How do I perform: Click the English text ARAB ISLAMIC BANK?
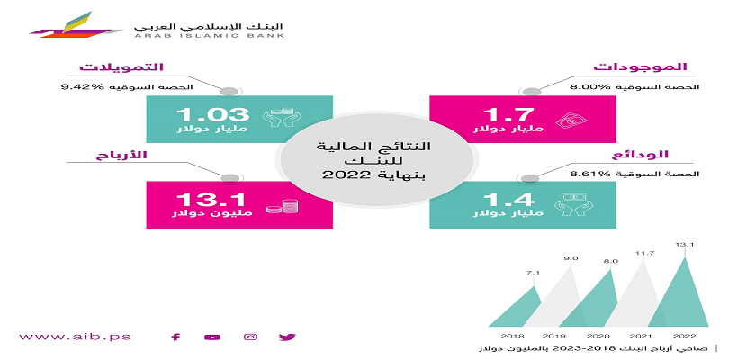pos(209,35)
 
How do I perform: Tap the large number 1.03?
pos(212,114)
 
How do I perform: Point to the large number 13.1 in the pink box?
pos(211,200)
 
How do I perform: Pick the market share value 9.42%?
pos(77,87)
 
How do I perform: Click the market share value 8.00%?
pos(586,87)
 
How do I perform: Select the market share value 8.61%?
pos(586,175)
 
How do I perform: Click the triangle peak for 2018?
pos(534,287)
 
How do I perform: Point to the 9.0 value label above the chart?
pos(571,259)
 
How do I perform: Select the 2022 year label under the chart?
pos(685,336)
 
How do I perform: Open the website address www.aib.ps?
pos(76,337)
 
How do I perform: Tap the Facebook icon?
pos(175,337)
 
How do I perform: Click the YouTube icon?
pos(212,337)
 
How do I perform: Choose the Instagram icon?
pos(251,337)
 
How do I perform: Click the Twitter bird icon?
pos(287,337)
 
